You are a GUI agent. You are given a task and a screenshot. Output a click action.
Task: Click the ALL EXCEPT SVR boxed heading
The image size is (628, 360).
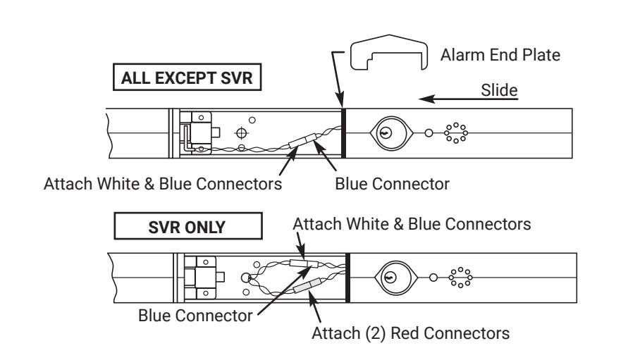pos(187,77)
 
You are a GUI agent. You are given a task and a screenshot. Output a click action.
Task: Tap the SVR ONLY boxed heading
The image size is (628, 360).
pos(188,226)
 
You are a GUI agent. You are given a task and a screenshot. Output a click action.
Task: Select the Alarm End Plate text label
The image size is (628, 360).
pos(500,55)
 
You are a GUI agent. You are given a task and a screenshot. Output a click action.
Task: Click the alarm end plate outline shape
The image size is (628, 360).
pos(388,39)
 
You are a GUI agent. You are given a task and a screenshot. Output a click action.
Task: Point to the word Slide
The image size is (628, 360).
pos(499,90)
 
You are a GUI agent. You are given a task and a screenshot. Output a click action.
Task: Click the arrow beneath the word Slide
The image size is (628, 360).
pos(468,99)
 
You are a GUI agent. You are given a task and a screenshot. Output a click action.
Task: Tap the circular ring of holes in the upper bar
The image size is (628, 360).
pos(456,133)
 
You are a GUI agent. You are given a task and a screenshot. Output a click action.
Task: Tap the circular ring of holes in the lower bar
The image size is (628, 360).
pos(460,277)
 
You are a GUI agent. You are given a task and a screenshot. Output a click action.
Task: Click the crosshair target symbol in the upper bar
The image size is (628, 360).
pos(241,133)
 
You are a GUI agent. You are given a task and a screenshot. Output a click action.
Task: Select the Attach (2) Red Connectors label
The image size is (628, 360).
pos(410,333)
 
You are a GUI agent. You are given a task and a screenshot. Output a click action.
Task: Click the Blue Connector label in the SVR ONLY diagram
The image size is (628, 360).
pos(195,316)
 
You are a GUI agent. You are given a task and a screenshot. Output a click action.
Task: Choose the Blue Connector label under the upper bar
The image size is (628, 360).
pos(392,184)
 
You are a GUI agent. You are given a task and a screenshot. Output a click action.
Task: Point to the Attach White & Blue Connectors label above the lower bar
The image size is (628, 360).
pos(412,224)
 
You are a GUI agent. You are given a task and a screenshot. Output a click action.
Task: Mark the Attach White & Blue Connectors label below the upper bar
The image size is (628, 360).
pos(163,184)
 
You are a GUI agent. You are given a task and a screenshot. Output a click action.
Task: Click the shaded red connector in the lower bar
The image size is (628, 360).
pos(307,285)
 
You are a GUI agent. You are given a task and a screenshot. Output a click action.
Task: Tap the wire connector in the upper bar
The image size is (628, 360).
pos(303,141)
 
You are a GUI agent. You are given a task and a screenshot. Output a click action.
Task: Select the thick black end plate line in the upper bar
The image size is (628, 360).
pos(343,133)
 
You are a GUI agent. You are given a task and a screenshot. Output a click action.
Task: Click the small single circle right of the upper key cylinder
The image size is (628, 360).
pos(429,133)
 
